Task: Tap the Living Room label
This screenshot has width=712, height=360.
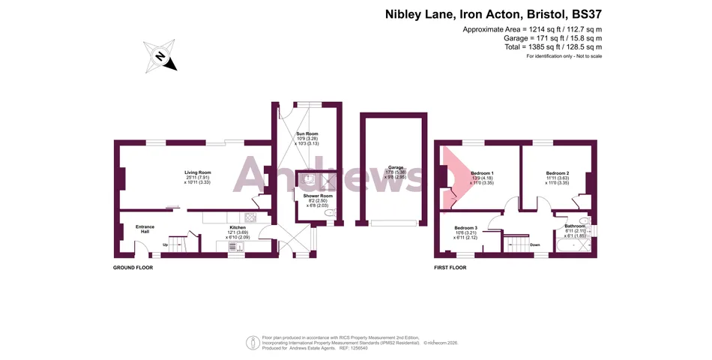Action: pyautogui.click(x=198, y=172)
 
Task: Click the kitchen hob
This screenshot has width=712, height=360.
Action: pyautogui.click(x=251, y=218)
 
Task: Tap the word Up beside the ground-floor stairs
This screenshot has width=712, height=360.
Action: pyautogui.click(x=166, y=244)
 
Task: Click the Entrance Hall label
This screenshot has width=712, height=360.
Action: pyautogui.click(x=145, y=229)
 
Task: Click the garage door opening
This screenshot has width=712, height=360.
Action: pyautogui.click(x=393, y=223)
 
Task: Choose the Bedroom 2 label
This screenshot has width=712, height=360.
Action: pyautogui.click(x=557, y=173)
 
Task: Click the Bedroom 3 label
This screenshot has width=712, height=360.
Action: pyautogui.click(x=465, y=227)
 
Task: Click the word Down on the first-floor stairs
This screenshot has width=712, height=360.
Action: pyautogui.click(x=534, y=244)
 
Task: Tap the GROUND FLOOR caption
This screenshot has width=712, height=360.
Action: pyautogui.click(x=133, y=267)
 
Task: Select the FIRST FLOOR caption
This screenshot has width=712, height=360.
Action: pyautogui.click(x=452, y=267)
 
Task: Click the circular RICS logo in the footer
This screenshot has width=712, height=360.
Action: pyautogui.click(x=253, y=342)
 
